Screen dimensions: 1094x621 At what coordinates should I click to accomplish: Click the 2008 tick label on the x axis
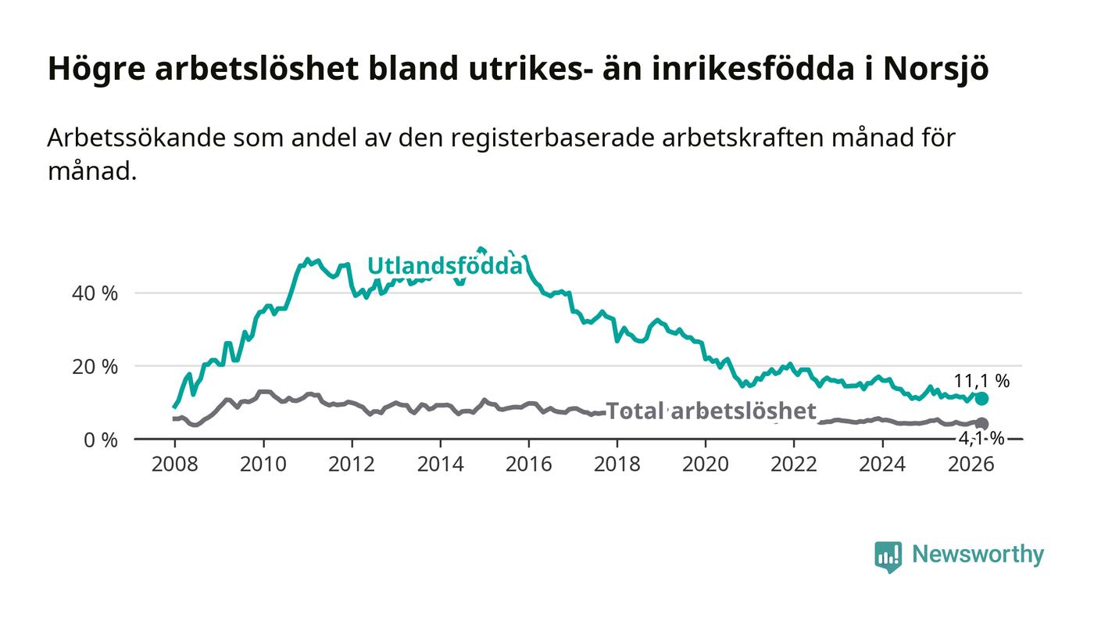point(175,464)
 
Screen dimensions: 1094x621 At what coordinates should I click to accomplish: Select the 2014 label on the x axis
point(441,464)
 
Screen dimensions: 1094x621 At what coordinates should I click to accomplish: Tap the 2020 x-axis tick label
point(706,464)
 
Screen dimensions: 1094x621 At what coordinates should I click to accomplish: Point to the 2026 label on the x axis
point(971,464)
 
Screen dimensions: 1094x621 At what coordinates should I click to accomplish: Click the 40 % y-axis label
point(95,293)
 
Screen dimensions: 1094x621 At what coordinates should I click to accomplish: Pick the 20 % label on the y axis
point(95,367)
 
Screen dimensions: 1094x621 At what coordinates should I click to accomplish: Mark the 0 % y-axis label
point(101,440)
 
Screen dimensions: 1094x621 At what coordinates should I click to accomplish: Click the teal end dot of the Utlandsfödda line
point(981,399)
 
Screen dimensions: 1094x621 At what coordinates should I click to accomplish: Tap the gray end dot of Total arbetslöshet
point(981,423)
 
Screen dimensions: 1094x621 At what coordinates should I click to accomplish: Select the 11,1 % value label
point(981,380)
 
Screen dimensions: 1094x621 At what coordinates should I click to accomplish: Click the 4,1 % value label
point(981,439)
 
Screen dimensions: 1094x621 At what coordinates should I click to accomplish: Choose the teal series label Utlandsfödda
point(445,266)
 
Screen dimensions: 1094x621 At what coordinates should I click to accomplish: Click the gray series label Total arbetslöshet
point(711,411)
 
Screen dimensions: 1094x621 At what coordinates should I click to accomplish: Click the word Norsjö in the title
point(936,70)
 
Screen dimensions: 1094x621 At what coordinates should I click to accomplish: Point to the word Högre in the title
point(97,70)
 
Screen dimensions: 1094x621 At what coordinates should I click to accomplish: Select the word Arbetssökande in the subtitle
point(136,138)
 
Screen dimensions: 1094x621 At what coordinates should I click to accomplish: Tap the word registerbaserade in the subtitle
point(553,139)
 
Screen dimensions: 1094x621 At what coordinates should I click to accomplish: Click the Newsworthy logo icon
point(888,557)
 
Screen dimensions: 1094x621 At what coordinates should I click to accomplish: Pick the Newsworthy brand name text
point(978,555)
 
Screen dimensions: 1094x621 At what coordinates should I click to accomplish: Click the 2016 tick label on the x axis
point(529,464)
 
